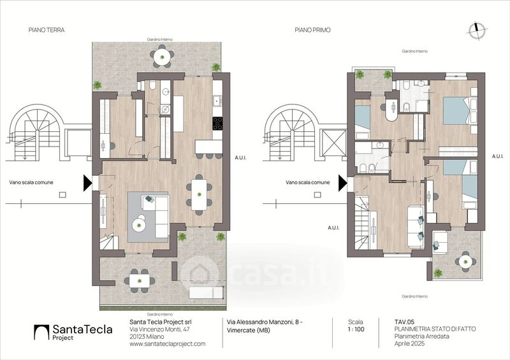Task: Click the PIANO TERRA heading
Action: click(x=47, y=30)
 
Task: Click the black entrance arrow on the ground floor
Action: click(x=87, y=183)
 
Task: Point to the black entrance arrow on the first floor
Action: click(x=343, y=183)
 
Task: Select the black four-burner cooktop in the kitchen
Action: click(x=217, y=123)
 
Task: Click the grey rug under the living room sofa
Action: click(x=148, y=217)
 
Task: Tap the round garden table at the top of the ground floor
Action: click(x=162, y=57)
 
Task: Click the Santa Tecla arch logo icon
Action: click(x=41, y=332)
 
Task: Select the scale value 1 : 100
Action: click(x=356, y=329)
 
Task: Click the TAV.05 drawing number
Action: click(x=404, y=322)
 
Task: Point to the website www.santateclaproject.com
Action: click(x=168, y=343)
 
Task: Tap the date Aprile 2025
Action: click(x=409, y=343)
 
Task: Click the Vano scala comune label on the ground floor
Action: click(x=31, y=182)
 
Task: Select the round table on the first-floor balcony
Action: click(x=465, y=261)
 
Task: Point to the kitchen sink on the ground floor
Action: click(x=217, y=101)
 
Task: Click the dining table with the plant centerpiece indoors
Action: click(x=199, y=195)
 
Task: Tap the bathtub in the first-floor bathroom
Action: click(x=363, y=122)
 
